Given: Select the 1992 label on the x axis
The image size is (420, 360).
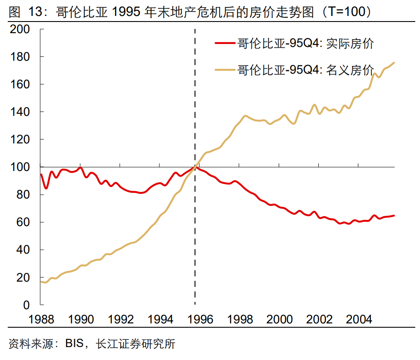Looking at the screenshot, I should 121,319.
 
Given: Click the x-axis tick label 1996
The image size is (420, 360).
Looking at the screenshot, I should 200,319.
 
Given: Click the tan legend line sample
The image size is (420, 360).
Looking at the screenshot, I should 225,70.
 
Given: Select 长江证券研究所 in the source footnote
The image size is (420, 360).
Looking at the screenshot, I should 135,344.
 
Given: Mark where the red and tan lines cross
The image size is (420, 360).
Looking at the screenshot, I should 196,167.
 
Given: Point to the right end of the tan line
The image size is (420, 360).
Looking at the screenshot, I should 394,63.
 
